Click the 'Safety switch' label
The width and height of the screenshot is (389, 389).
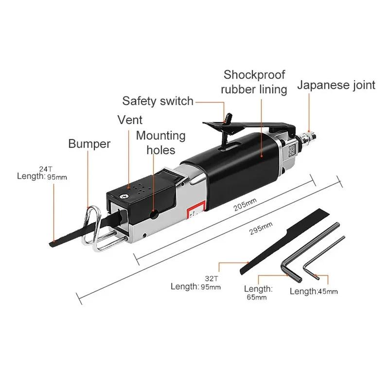[x=158, y=101]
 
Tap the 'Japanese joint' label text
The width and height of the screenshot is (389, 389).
[x=336, y=85]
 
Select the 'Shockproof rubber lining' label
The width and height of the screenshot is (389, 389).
[x=254, y=82]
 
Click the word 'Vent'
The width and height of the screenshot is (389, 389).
[x=130, y=120]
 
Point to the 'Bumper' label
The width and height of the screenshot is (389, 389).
[x=89, y=144]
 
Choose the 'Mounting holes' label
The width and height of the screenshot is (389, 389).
[x=160, y=142]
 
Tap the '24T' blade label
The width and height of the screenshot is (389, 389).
[x=45, y=169]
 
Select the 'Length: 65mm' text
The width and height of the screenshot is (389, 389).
[x=258, y=293]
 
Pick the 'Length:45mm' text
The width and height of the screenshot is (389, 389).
[x=314, y=291]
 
